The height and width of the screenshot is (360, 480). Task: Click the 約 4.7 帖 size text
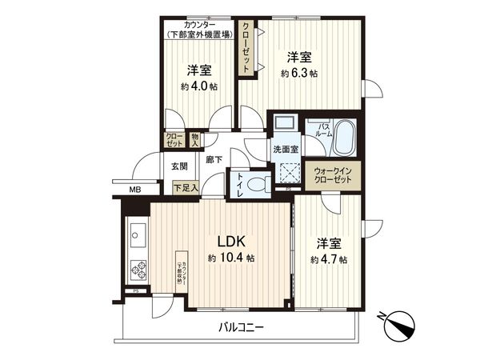(328, 260)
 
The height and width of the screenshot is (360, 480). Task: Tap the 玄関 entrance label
(178, 166)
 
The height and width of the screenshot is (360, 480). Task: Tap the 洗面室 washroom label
(283, 149)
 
